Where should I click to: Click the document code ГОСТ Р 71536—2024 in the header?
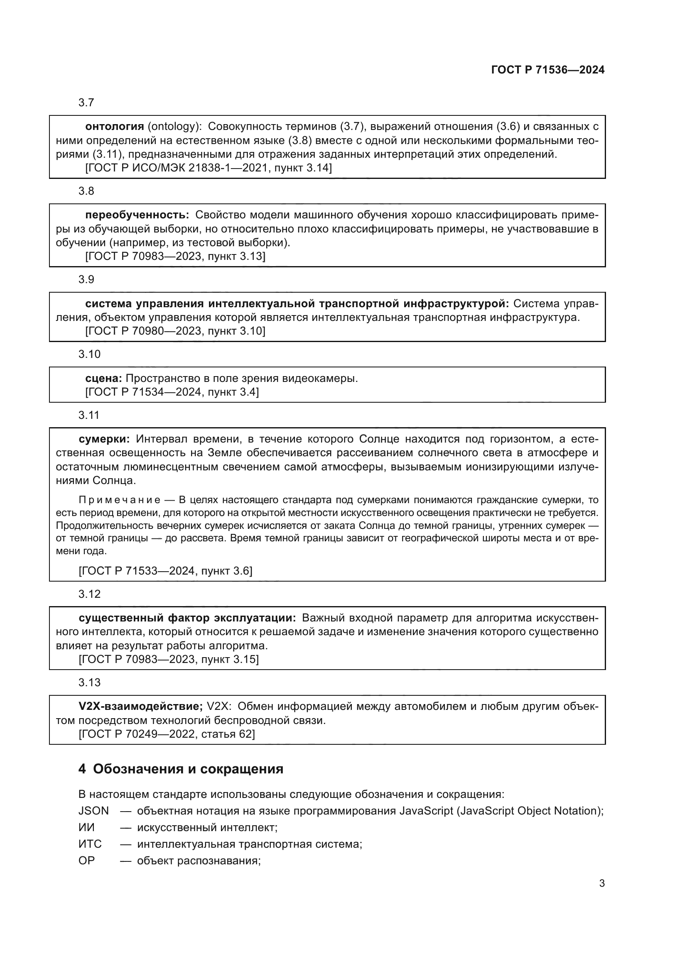coord(547,70)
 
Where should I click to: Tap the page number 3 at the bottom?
coord(601,883)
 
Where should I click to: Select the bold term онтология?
coord(115,126)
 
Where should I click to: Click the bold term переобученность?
coord(137,215)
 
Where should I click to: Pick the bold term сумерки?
coord(104,439)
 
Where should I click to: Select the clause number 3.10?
coord(89,354)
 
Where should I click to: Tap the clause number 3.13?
coord(89,682)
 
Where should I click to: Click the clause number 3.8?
coord(86,191)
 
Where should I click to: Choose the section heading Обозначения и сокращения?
coord(188,768)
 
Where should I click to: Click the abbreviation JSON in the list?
coord(93,810)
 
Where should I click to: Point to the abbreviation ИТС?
coord(90,844)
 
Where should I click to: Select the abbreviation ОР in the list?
coord(87,860)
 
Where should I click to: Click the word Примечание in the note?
coord(119,500)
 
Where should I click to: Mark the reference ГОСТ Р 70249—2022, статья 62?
coord(167,734)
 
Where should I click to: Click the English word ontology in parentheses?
coord(174,126)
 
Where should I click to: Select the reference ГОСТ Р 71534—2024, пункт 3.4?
coord(172,391)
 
